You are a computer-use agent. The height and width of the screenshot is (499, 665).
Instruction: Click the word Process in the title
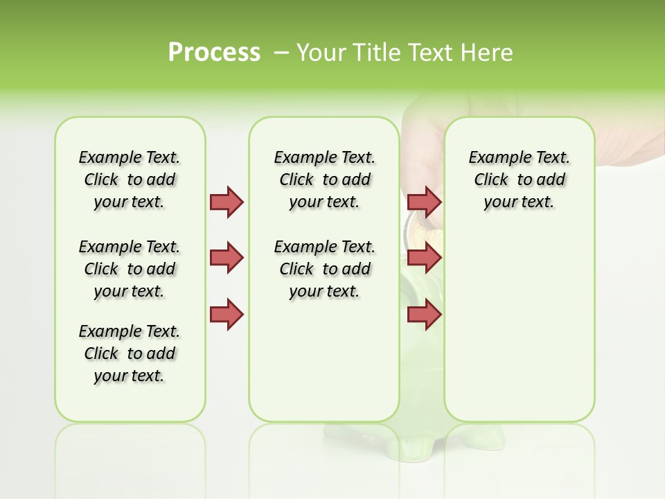214,53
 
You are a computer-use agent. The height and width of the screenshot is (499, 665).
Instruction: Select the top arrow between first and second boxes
227,202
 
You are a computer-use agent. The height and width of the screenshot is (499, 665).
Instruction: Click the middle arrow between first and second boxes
227,258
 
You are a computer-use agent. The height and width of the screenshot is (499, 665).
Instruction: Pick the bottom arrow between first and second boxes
227,315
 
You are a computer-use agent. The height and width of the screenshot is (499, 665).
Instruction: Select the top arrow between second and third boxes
424,202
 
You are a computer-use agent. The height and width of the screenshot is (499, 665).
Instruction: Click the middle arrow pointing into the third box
424,258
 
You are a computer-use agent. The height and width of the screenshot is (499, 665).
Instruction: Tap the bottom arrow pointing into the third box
424,315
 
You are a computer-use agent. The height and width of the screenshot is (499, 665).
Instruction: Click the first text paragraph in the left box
130,180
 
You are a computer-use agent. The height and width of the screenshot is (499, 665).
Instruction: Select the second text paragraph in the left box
130,269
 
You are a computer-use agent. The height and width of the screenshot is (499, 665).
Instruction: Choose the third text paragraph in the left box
130,353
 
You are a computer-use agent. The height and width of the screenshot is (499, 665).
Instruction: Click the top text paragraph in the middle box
324,180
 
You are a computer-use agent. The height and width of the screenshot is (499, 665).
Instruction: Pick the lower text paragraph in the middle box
324,269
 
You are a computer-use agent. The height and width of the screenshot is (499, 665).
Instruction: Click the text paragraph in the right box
519,180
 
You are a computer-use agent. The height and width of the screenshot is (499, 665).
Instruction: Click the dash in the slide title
281,53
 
